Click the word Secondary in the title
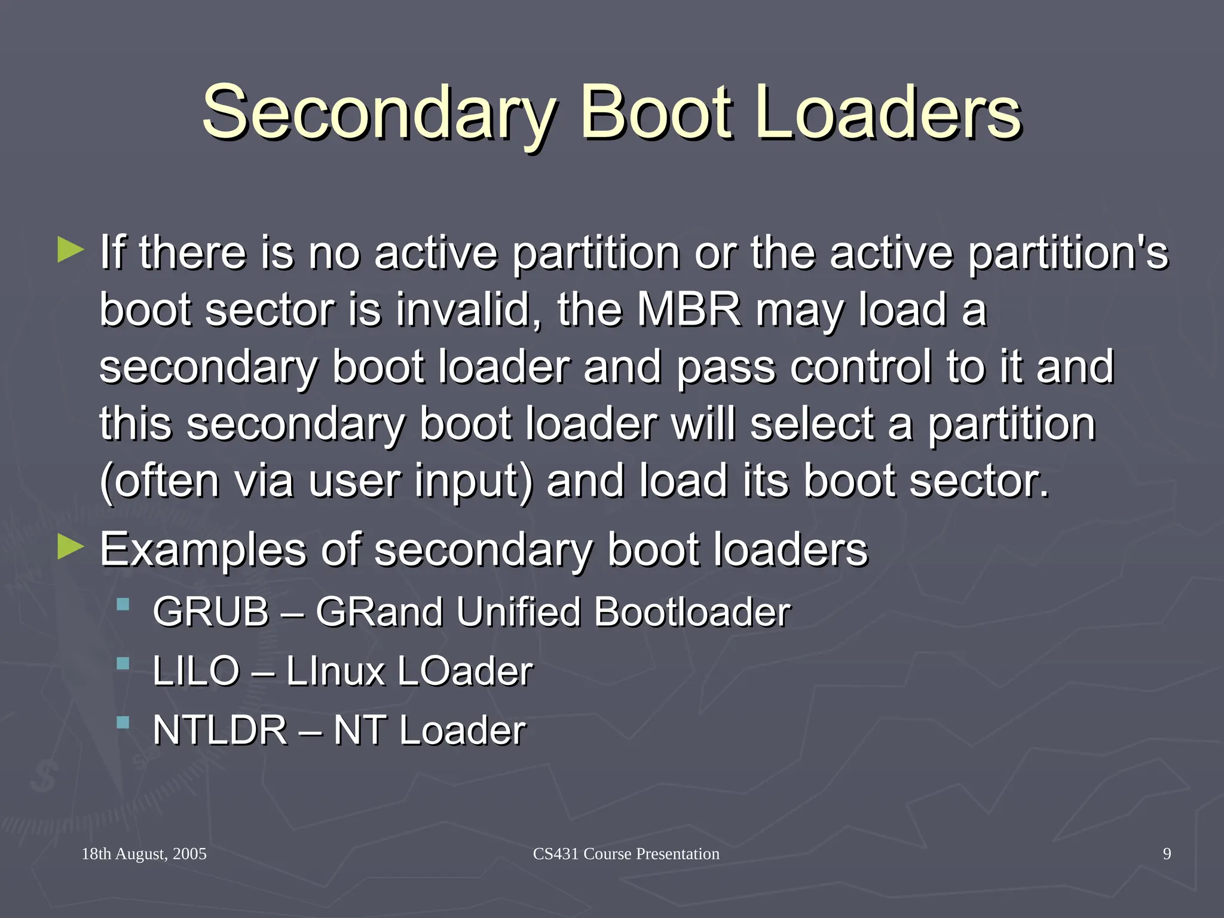pos(380,112)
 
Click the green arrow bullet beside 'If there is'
pos(71,250)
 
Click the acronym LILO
pos(196,671)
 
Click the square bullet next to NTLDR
pos(123,723)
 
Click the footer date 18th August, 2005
pos(144,854)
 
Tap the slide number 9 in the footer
pos(1167,854)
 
